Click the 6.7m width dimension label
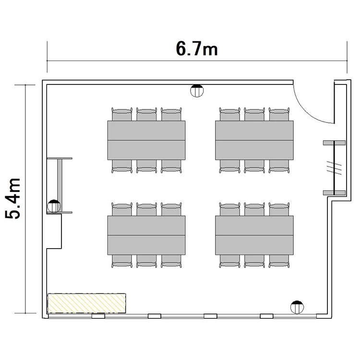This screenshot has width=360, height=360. pyautogui.click(x=197, y=48)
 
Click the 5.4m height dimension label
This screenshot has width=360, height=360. pyautogui.click(x=12, y=199)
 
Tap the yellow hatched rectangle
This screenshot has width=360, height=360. pyautogui.click(x=86, y=303)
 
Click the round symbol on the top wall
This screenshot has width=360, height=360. pyautogui.click(x=197, y=90)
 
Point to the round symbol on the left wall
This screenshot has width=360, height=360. pyautogui.click(x=54, y=206)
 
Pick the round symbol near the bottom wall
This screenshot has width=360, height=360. pyautogui.click(x=297, y=307)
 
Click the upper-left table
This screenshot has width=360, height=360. pyautogui.click(x=146, y=140)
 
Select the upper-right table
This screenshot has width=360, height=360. pyautogui.click(x=254, y=140)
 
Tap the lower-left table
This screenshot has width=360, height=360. pyautogui.click(x=146, y=235)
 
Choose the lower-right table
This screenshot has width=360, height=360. pyautogui.click(x=254, y=235)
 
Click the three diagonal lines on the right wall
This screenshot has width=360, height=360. pyautogui.click(x=334, y=168)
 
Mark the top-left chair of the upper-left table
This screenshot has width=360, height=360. pyautogui.click(x=122, y=114)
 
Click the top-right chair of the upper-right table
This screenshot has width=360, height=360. pyautogui.click(x=279, y=114)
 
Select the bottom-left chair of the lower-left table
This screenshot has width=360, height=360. pyautogui.click(x=122, y=261)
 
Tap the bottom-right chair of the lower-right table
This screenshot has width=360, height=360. pyautogui.click(x=279, y=261)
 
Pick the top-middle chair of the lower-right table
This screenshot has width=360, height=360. pyautogui.click(x=254, y=209)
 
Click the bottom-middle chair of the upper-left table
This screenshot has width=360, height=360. pyautogui.click(x=146, y=166)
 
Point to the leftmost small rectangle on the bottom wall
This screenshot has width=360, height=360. pyautogui.click(x=98, y=316)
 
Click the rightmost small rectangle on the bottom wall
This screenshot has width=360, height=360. pyautogui.click(x=266, y=316)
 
